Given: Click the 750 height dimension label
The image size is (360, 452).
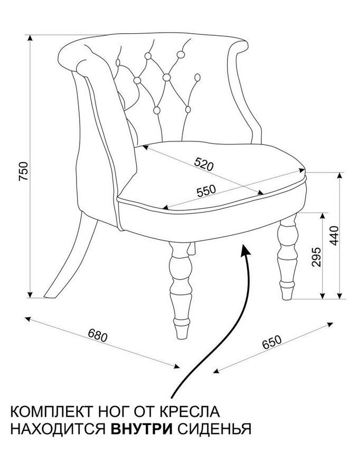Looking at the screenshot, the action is pyautogui.click(x=24, y=171).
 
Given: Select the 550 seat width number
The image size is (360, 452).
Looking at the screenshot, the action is pyautogui.click(x=206, y=190).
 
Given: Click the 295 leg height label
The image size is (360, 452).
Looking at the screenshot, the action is pyautogui.click(x=316, y=257).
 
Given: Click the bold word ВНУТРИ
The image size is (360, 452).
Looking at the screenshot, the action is pyautogui.click(x=141, y=429).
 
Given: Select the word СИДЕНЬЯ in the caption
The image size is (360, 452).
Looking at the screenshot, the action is pyautogui.click(x=214, y=429).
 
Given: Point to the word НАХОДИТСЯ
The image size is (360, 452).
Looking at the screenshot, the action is pyautogui.click(x=59, y=429).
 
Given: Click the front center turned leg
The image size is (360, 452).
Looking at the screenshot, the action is pyautogui.click(x=181, y=290).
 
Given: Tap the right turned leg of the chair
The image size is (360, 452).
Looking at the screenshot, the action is pyautogui.click(x=287, y=256).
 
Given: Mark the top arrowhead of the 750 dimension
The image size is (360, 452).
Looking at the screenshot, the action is pyautogui.click(x=30, y=39).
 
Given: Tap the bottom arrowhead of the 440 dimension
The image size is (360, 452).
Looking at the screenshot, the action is pyautogui.click(x=339, y=296).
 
